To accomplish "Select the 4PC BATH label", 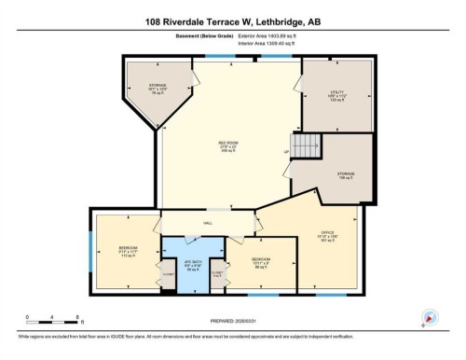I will [x=193, y=264].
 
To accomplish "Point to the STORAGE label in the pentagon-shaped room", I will [x=158, y=90].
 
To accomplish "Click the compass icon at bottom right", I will [x=429, y=318].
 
